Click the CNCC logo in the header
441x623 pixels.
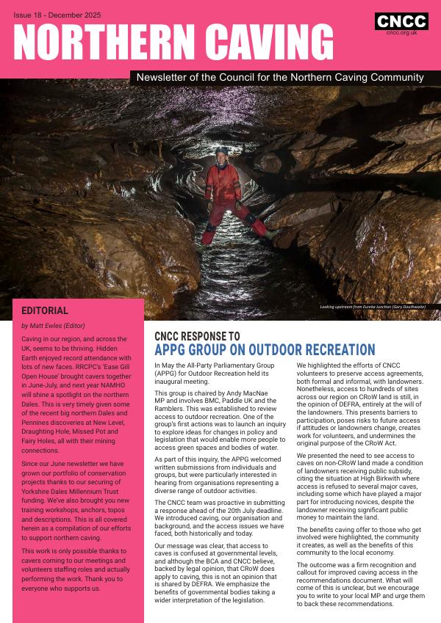click(x=401, y=22)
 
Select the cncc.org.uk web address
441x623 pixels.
click(x=401, y=33)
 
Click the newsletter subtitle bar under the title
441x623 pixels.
click(x=280, y=77)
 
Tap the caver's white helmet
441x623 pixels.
click(x=223, y=150)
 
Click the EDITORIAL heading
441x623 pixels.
click(x=45, y=311)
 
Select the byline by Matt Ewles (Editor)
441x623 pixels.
click(x=53, y=326)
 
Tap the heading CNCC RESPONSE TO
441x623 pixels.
click(x=197, y=337)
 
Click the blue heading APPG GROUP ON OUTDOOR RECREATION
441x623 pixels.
click(x=265, y=350)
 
